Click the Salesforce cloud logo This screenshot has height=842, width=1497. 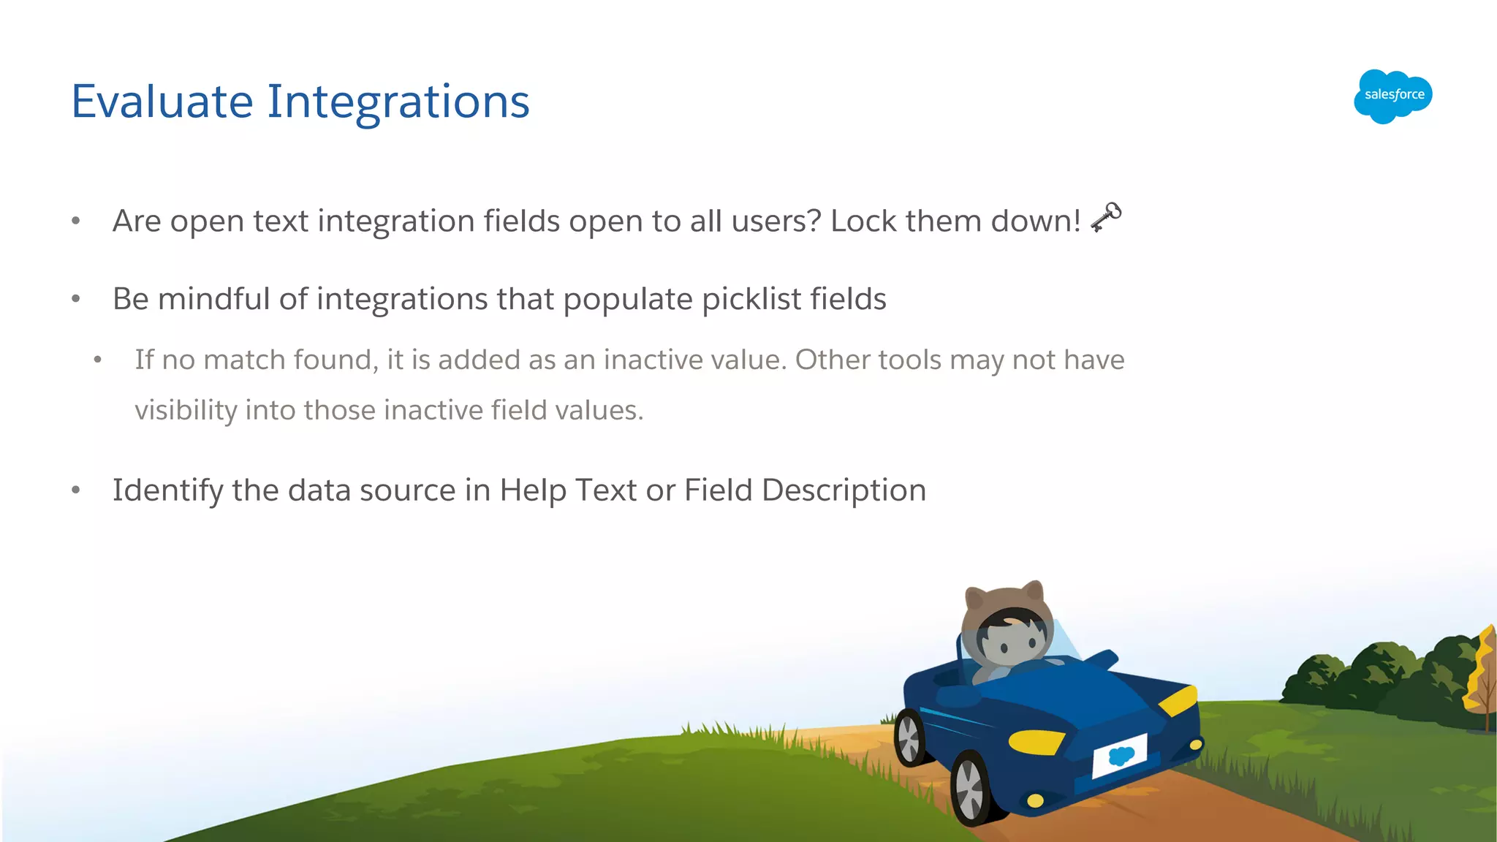coord(1392,96)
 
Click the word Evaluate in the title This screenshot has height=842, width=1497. coord(162,102)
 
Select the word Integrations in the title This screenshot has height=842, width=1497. coord(398,102)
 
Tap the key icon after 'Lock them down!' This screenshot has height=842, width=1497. coord(1106,217)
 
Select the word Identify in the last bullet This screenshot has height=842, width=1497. coord(167,490)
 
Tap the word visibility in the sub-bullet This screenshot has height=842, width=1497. coord(186,411)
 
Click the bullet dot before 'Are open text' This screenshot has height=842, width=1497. coord(75,221)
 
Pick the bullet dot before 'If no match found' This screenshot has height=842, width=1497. coord(97,360)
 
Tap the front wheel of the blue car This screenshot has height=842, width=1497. coord(971,789)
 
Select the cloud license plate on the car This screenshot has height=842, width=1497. coord(1119,756)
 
